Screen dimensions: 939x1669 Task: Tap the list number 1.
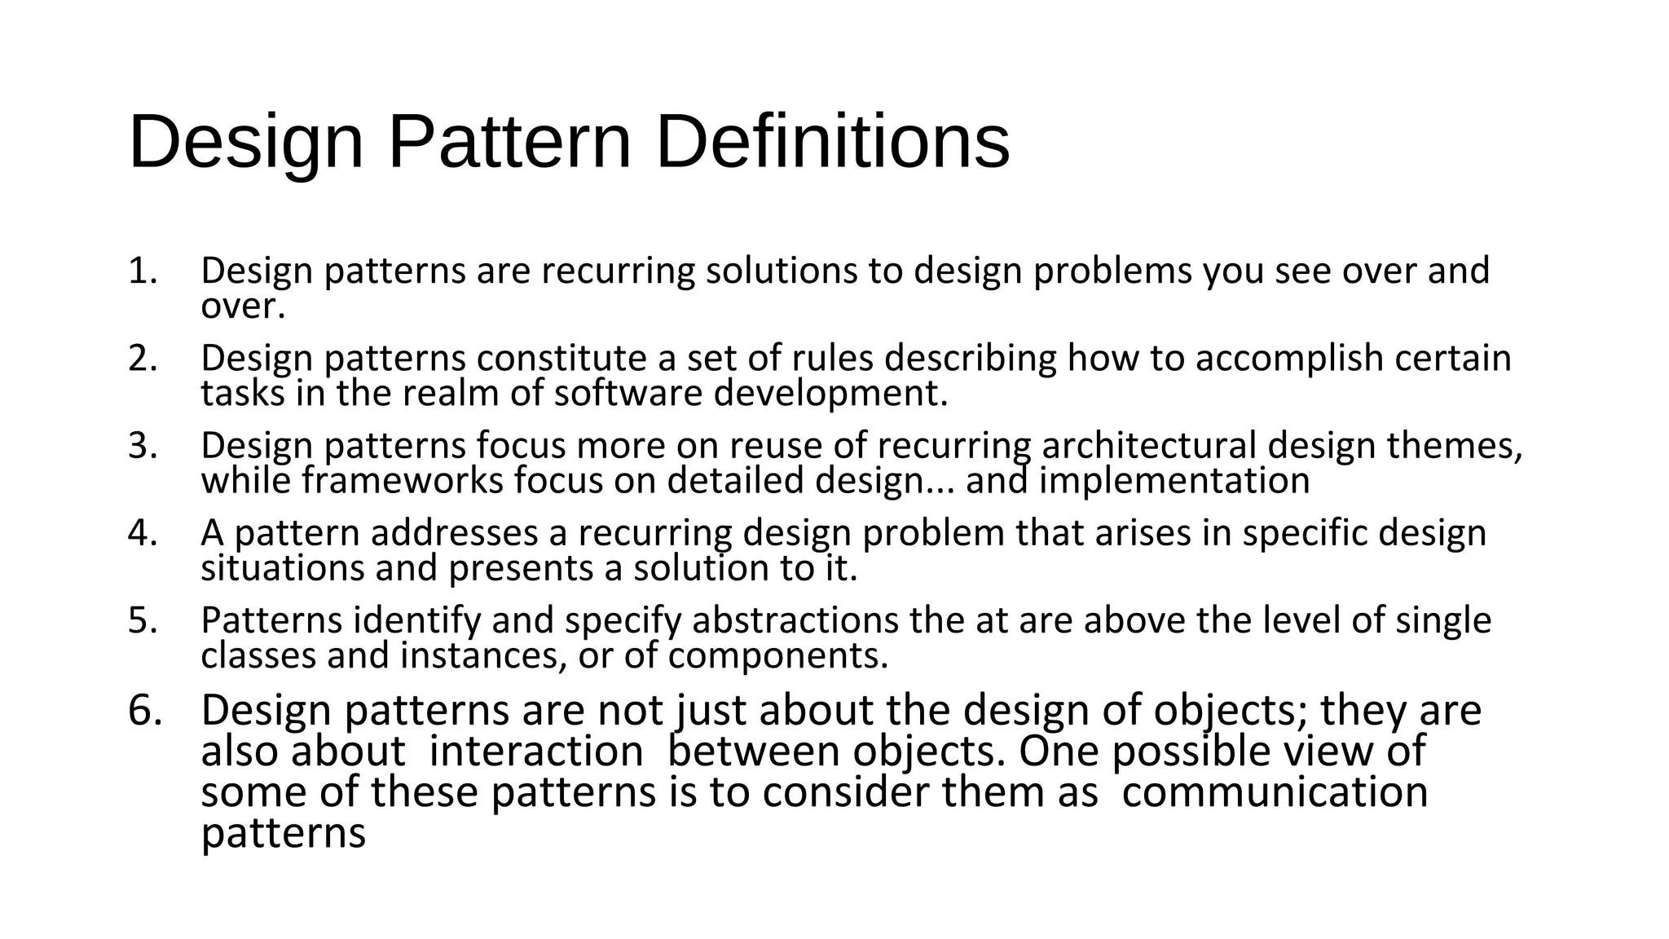[x=142, y=271]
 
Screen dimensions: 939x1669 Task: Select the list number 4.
[x=142, y=533]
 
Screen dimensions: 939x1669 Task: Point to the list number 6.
[x=145, y=711]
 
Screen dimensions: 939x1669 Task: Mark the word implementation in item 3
[x=1174, y=481]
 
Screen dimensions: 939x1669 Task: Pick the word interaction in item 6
[x=536, y=752]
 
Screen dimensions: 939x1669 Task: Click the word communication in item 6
[x=1275, y=792]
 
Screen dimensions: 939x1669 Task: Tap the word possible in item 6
[x=1191, y=752]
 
